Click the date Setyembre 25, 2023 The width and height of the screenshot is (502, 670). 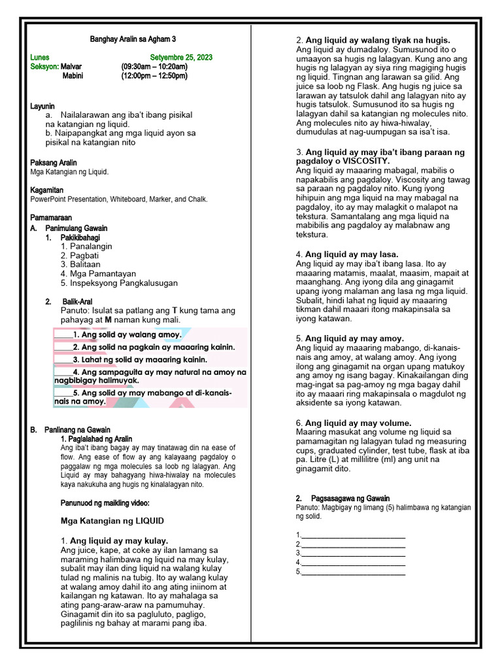tap(181, 58)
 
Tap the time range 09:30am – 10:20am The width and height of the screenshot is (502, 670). tap(154, 67)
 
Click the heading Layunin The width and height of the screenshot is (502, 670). tap(42, 106)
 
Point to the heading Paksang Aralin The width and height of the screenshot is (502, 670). tap(54, 162)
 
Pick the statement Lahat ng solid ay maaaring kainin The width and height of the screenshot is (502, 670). tap(140, 360)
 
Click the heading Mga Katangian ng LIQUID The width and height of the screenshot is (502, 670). tap(112, 521)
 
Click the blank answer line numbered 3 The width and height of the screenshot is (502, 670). tap(353, 553)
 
